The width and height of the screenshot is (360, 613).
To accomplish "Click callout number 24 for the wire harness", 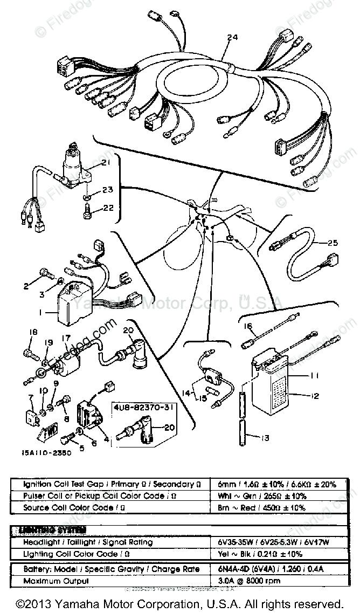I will pos(232,37).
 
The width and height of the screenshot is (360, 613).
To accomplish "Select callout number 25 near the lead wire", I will pos(333,243).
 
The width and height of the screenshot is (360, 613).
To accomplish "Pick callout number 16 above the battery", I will pos(248,326).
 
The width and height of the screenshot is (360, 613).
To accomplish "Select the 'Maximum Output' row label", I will pos(57,581).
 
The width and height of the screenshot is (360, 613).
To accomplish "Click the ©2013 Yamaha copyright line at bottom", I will pos(179,603).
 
